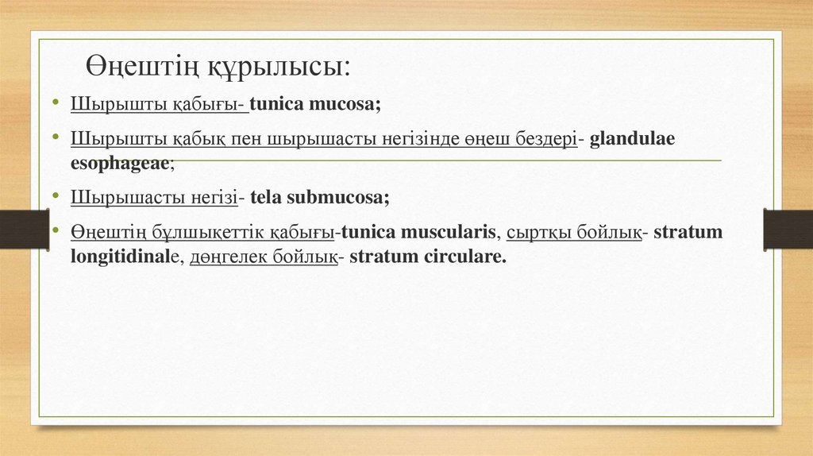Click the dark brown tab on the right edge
click(x=788, y=229)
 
